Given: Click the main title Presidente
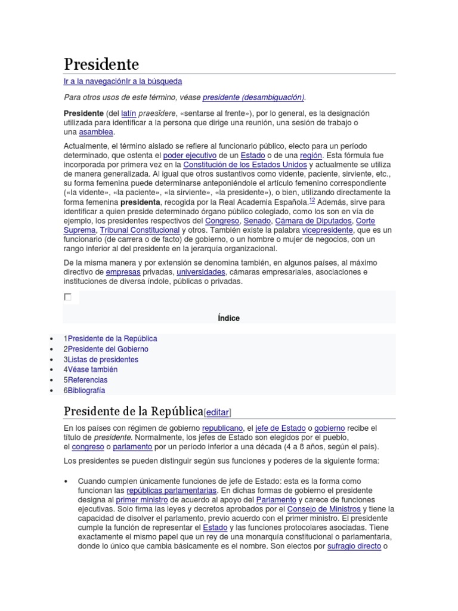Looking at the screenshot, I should (101, 64).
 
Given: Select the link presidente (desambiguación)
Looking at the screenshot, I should (253, 97).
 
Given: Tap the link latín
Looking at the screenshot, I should (129, 113).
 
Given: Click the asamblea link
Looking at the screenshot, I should (96, 132).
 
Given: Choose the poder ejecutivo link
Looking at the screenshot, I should (190, 155).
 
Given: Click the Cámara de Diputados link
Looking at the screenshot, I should (314, 221).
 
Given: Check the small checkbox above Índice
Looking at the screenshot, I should (67, 297).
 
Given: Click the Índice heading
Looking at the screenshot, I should (229, 318).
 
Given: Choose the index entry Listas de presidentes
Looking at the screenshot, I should (103, 360).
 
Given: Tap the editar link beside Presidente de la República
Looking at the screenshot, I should (217, 412).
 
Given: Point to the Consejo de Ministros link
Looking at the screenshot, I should (324, 509).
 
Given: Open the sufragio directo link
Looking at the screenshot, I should (354, 546).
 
